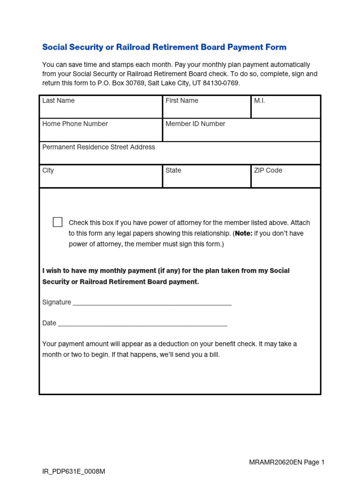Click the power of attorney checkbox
(x=58, y=222)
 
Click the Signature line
(x=152, y=303)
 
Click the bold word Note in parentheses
(x=244, y=233)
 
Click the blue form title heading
(x=164, y=47)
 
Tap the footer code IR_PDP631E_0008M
(x=74, y=471)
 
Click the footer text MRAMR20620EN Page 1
(x=286, y=462)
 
